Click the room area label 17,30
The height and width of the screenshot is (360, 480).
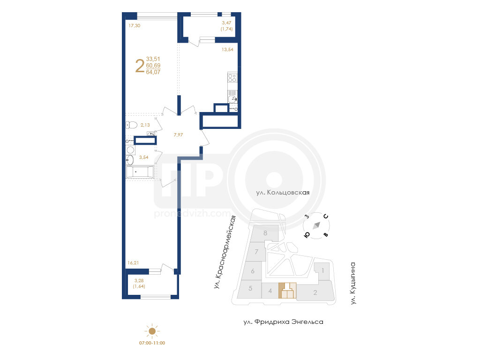coord(135,26)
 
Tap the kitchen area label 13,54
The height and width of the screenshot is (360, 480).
coord(227,49)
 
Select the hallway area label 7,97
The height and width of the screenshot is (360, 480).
coord(178,135)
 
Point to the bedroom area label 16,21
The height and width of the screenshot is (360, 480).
coord(133,262)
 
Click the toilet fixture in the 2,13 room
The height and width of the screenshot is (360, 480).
coord(131,125)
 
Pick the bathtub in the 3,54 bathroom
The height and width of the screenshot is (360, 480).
coord(140,172)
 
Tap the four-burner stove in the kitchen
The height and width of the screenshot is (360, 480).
coord(232,77)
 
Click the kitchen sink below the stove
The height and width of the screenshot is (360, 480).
coord(232,98)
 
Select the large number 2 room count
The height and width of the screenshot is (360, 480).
coord(140,66)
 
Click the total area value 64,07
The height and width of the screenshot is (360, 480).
coord(153,72)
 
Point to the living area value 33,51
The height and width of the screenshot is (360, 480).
coord(153,59)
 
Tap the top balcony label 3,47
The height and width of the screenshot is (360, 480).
coord(226,22)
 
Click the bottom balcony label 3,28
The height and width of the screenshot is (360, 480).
coord(139,280)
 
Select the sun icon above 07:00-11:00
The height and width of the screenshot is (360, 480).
coord(152,331)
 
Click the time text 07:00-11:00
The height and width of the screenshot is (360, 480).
coord(152,343)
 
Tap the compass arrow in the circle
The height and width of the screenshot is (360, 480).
coord(316,225)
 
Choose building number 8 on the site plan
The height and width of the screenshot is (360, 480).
coord(265,233)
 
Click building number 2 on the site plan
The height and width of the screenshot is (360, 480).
coord(315,292)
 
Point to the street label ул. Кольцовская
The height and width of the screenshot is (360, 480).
coord(283,193)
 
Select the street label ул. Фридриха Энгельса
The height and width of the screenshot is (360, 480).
coord(284,322)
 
